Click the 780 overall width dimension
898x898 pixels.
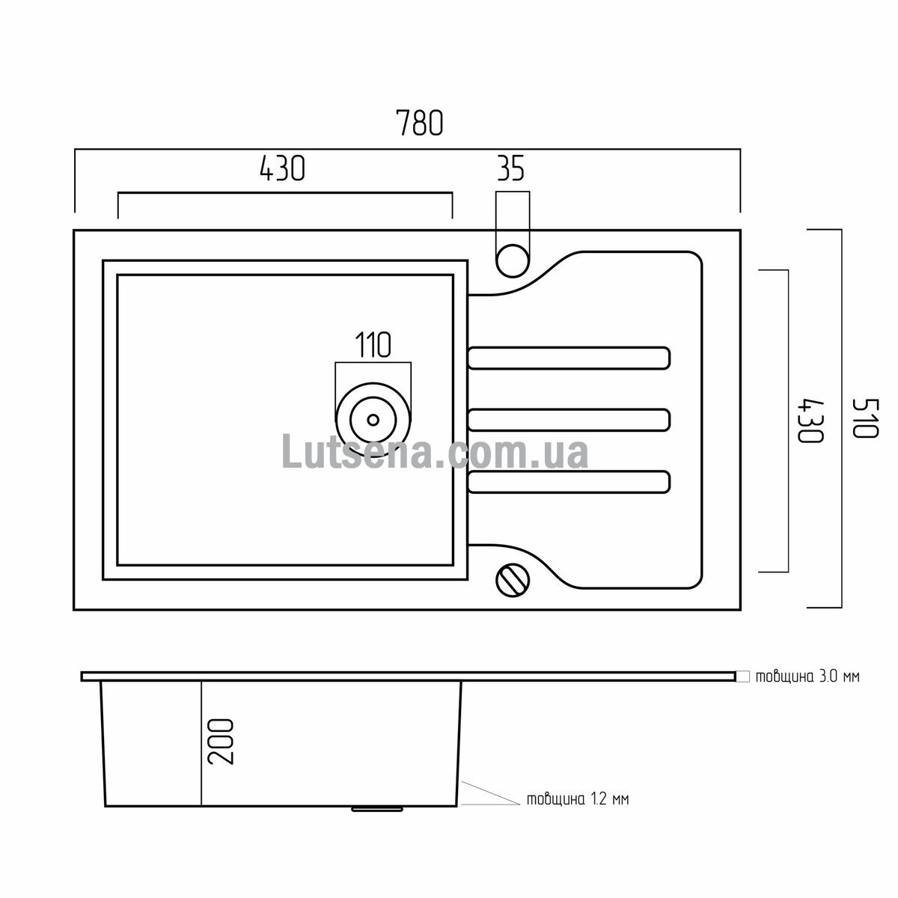(419, 123)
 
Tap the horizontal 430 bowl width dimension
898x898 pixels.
(282, 168)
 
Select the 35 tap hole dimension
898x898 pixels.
(511, 168)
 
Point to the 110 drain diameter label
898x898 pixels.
(373, 345)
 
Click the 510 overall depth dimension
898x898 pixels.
(865, 418)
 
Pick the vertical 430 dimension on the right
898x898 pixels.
(811, 421)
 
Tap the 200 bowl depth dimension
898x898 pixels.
(221, 748)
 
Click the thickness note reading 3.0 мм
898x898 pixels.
(807, 676)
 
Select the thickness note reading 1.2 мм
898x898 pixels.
(578, 799)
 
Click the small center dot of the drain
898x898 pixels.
(373, 419)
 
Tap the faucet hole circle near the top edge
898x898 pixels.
(513, 261)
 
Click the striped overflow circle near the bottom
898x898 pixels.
(513, 580)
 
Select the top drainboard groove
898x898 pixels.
(569, 358)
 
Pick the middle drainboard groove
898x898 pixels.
(569, 419)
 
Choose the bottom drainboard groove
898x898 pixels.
(569, 482)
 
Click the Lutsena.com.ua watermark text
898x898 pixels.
(435, 450)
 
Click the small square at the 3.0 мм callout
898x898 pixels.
(743, 676)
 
